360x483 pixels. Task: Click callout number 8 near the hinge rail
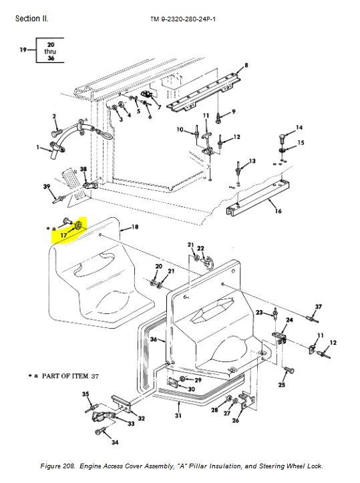(246, 65)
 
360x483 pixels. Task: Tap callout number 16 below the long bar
(278, 211)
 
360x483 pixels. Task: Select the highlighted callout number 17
(63, 235)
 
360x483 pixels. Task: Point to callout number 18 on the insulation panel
(135, 226)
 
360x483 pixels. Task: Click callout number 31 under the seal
(178, 416)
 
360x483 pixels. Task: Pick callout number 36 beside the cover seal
(154, 339)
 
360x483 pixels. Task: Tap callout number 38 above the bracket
(83, 169)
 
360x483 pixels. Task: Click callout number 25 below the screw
(282, 384)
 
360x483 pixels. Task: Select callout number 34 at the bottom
(115, 442)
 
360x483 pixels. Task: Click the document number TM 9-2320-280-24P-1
(183, 19)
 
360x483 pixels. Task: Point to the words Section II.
(31, 19)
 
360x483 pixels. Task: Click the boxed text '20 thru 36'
(51, 51)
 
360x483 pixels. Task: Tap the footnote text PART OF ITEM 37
(70, 376)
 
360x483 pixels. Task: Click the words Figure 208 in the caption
(57, 466)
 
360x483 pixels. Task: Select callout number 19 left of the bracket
(23, 49)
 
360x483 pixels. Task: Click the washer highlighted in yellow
(78, 226)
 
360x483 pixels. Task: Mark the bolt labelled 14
(282, 138)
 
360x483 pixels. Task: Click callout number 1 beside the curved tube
(38, 147)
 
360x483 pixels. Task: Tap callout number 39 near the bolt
(47, 186)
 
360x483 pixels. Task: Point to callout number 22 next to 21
(200, 249)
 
